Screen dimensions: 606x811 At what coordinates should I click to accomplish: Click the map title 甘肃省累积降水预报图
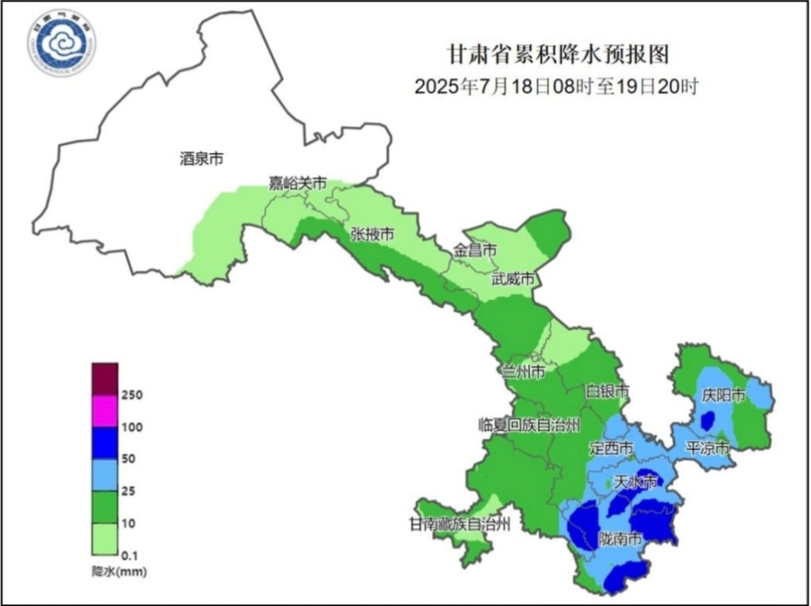[558, 55]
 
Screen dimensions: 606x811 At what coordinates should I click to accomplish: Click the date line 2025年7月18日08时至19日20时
[558, 86]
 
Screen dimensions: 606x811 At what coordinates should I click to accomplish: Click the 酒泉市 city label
[202, 158]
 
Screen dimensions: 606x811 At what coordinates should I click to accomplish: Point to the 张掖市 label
[372, 234]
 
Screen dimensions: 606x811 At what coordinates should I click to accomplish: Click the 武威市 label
[514, 279]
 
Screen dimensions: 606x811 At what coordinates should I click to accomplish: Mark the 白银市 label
[608, 391]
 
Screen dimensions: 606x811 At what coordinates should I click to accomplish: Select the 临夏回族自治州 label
[530, 424]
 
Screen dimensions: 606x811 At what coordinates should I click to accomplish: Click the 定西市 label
[611, 447]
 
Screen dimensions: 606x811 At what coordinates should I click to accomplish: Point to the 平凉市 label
[706, 448]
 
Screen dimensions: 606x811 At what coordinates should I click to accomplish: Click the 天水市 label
[634, 483]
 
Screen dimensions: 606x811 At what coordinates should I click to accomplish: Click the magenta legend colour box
[106, 412]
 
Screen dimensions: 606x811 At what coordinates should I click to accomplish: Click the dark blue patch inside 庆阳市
[709, 420]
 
